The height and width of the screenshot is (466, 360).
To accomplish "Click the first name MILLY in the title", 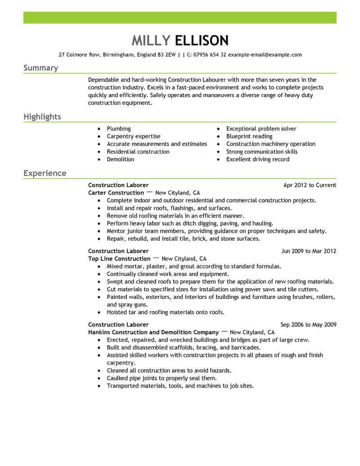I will click(151, 41).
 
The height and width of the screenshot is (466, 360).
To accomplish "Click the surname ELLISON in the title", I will click(202, 41).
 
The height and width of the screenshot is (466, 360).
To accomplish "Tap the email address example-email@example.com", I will click(265, 55).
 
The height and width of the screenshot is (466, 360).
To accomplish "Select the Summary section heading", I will click(40, 68).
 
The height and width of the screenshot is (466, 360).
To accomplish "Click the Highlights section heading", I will click(42, 117).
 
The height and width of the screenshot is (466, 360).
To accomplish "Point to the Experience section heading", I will click(45, 173).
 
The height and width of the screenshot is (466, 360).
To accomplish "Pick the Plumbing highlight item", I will click(119, 129).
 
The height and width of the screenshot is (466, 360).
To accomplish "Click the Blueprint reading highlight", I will click(249, 136).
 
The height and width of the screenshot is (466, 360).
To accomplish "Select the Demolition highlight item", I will click(120, 159).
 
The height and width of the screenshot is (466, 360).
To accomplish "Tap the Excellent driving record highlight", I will click(257, 159).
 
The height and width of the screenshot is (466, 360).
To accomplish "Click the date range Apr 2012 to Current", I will click(310, 185).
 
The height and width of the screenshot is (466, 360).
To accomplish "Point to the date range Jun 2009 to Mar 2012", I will click(308, 251).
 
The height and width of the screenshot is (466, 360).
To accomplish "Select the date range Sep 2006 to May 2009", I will click(308, 324).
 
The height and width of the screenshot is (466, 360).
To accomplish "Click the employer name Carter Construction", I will click(116, 193).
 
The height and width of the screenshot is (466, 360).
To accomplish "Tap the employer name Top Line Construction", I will click(119, 259).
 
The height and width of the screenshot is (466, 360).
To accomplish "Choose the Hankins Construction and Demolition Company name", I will click(153, 332).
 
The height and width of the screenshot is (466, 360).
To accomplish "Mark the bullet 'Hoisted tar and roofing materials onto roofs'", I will click(165, 312).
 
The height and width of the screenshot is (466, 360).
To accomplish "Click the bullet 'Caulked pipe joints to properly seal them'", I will click(162, 378).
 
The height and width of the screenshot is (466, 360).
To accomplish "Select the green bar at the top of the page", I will click(180, 18).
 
